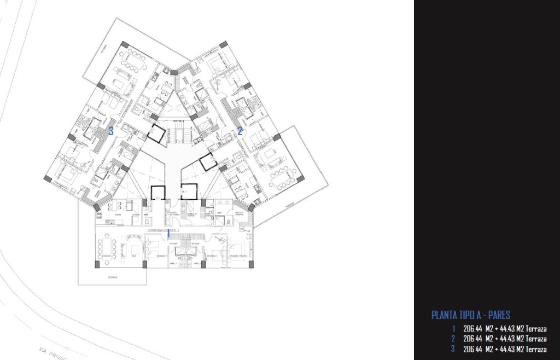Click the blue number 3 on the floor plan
111,131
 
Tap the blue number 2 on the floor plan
240,131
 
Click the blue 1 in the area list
453,329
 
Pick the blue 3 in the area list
453,349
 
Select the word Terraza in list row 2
536,339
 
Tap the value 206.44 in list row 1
473,329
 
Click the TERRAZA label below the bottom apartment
112,277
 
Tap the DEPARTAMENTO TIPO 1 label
164,231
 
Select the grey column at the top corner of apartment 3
125,44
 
